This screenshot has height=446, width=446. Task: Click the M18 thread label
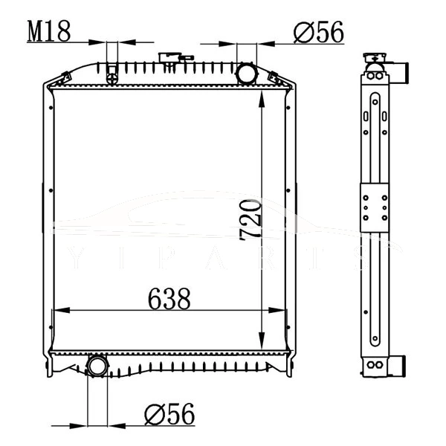(49, 31)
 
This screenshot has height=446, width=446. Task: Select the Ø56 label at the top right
(318, 31)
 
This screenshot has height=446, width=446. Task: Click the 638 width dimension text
(169, 299)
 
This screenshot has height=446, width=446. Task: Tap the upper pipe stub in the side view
(403, 74)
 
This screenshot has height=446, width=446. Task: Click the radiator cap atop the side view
(373, 59)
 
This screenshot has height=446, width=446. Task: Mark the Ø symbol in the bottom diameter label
(153, 414)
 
